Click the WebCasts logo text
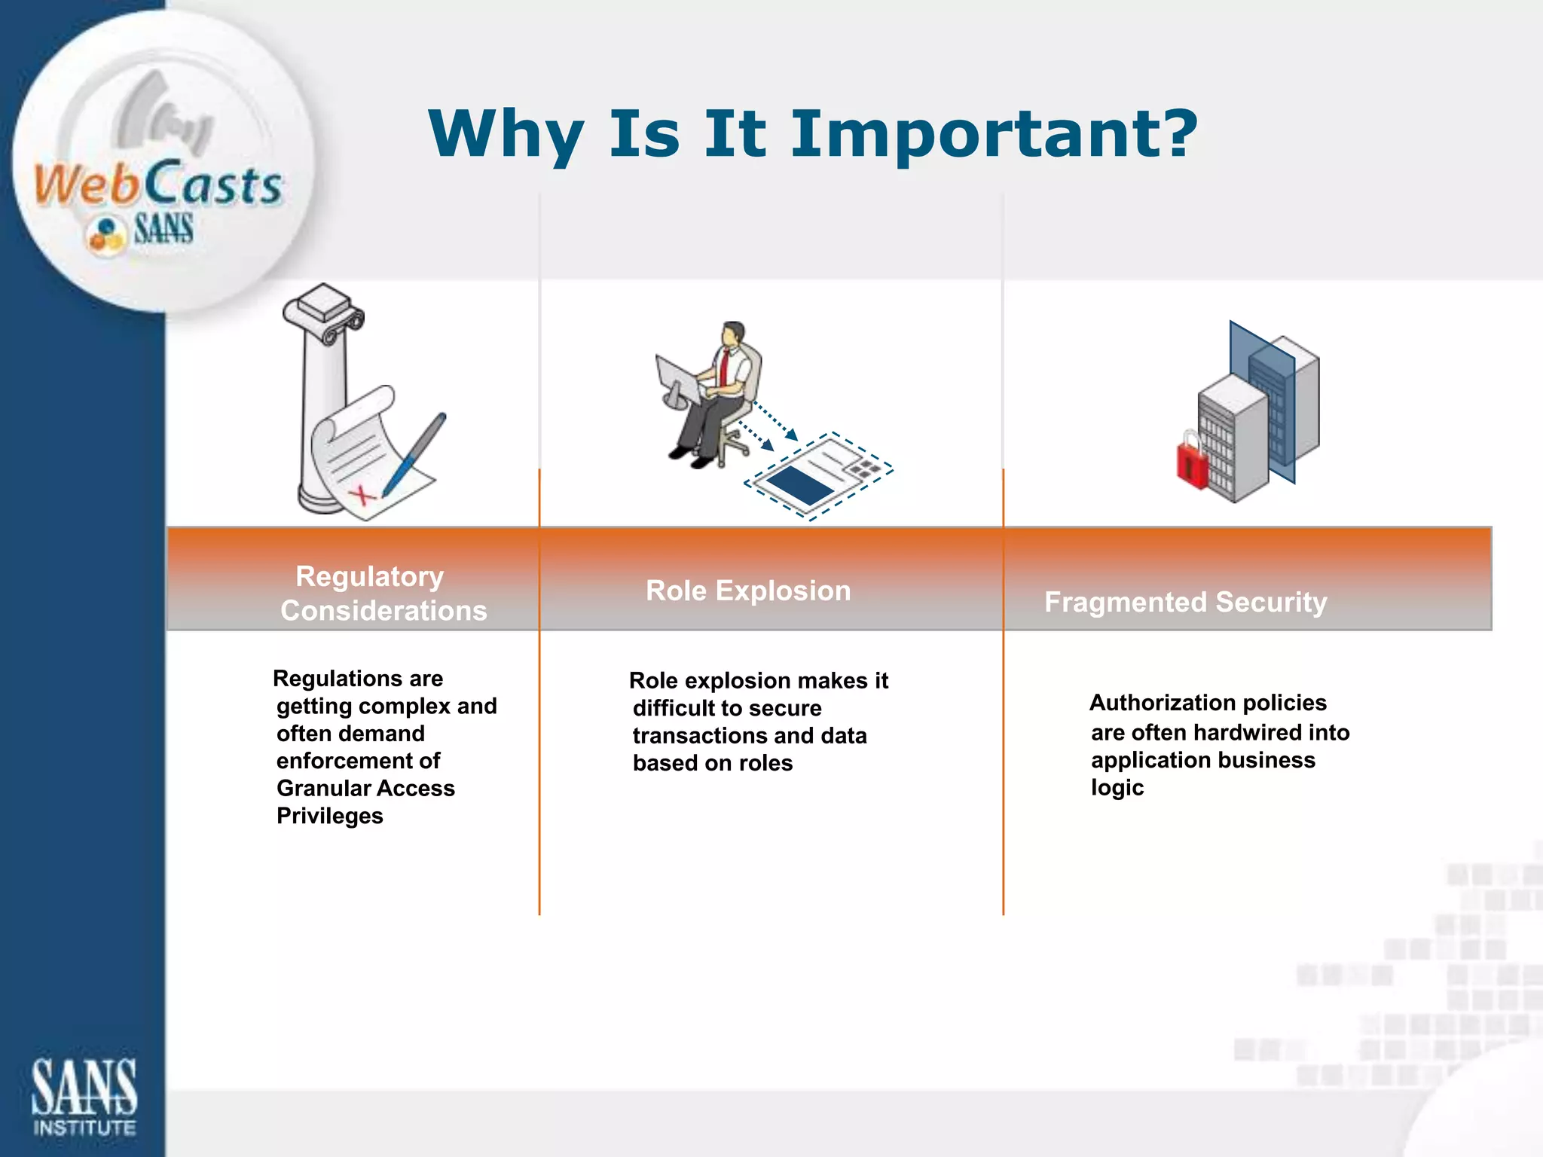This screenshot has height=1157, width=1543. click(x=158, y=185)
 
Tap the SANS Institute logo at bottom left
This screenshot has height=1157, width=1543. click(x=84, y=1096)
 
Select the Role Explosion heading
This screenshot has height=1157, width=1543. click(x=748, y=591)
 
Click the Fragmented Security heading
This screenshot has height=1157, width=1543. click(x=1185, y=603)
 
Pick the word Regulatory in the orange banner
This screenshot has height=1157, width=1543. click(x=369, y=577)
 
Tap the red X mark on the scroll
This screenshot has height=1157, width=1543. click(x=362, y=495)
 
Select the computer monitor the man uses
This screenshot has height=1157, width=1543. click(x=676, y=381)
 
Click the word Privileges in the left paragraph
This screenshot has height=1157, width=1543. click(x=329, y=817)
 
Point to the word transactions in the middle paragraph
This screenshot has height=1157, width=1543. click(x=689, y=736)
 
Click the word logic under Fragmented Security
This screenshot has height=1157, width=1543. click(x=1117, y=789)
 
